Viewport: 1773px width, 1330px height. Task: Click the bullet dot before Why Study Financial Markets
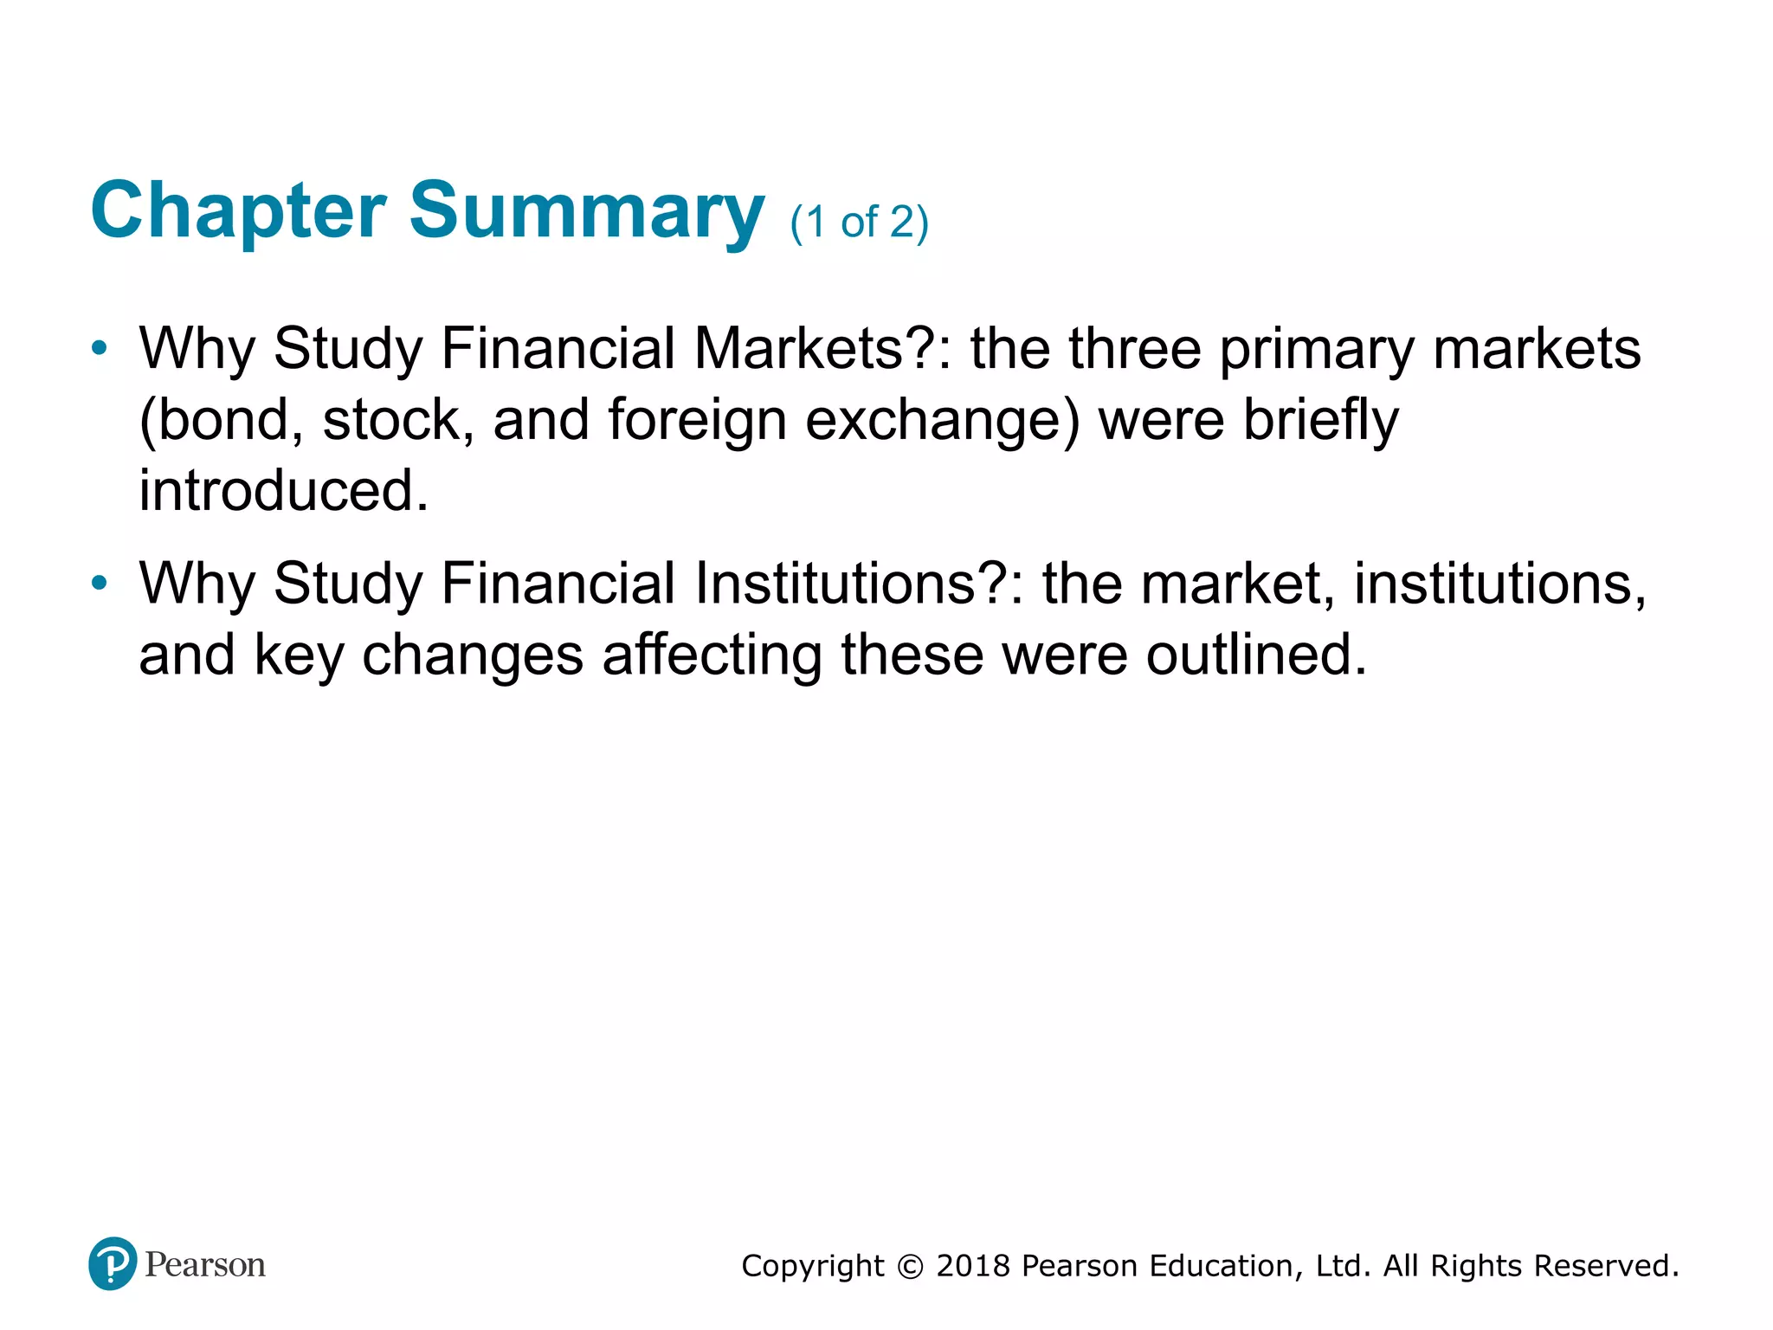(x=100, y=349)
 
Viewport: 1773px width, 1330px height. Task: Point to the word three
(x=1135, y=349)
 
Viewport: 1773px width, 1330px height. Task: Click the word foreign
(x=697, y=420)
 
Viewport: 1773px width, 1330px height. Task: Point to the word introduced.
(x=284, y=491)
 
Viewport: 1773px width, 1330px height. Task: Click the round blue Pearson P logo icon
(x=113, y=1263)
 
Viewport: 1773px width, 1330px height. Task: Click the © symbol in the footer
(x=910, y=1266)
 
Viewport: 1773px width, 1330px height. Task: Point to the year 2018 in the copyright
(x=973, y=1266)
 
